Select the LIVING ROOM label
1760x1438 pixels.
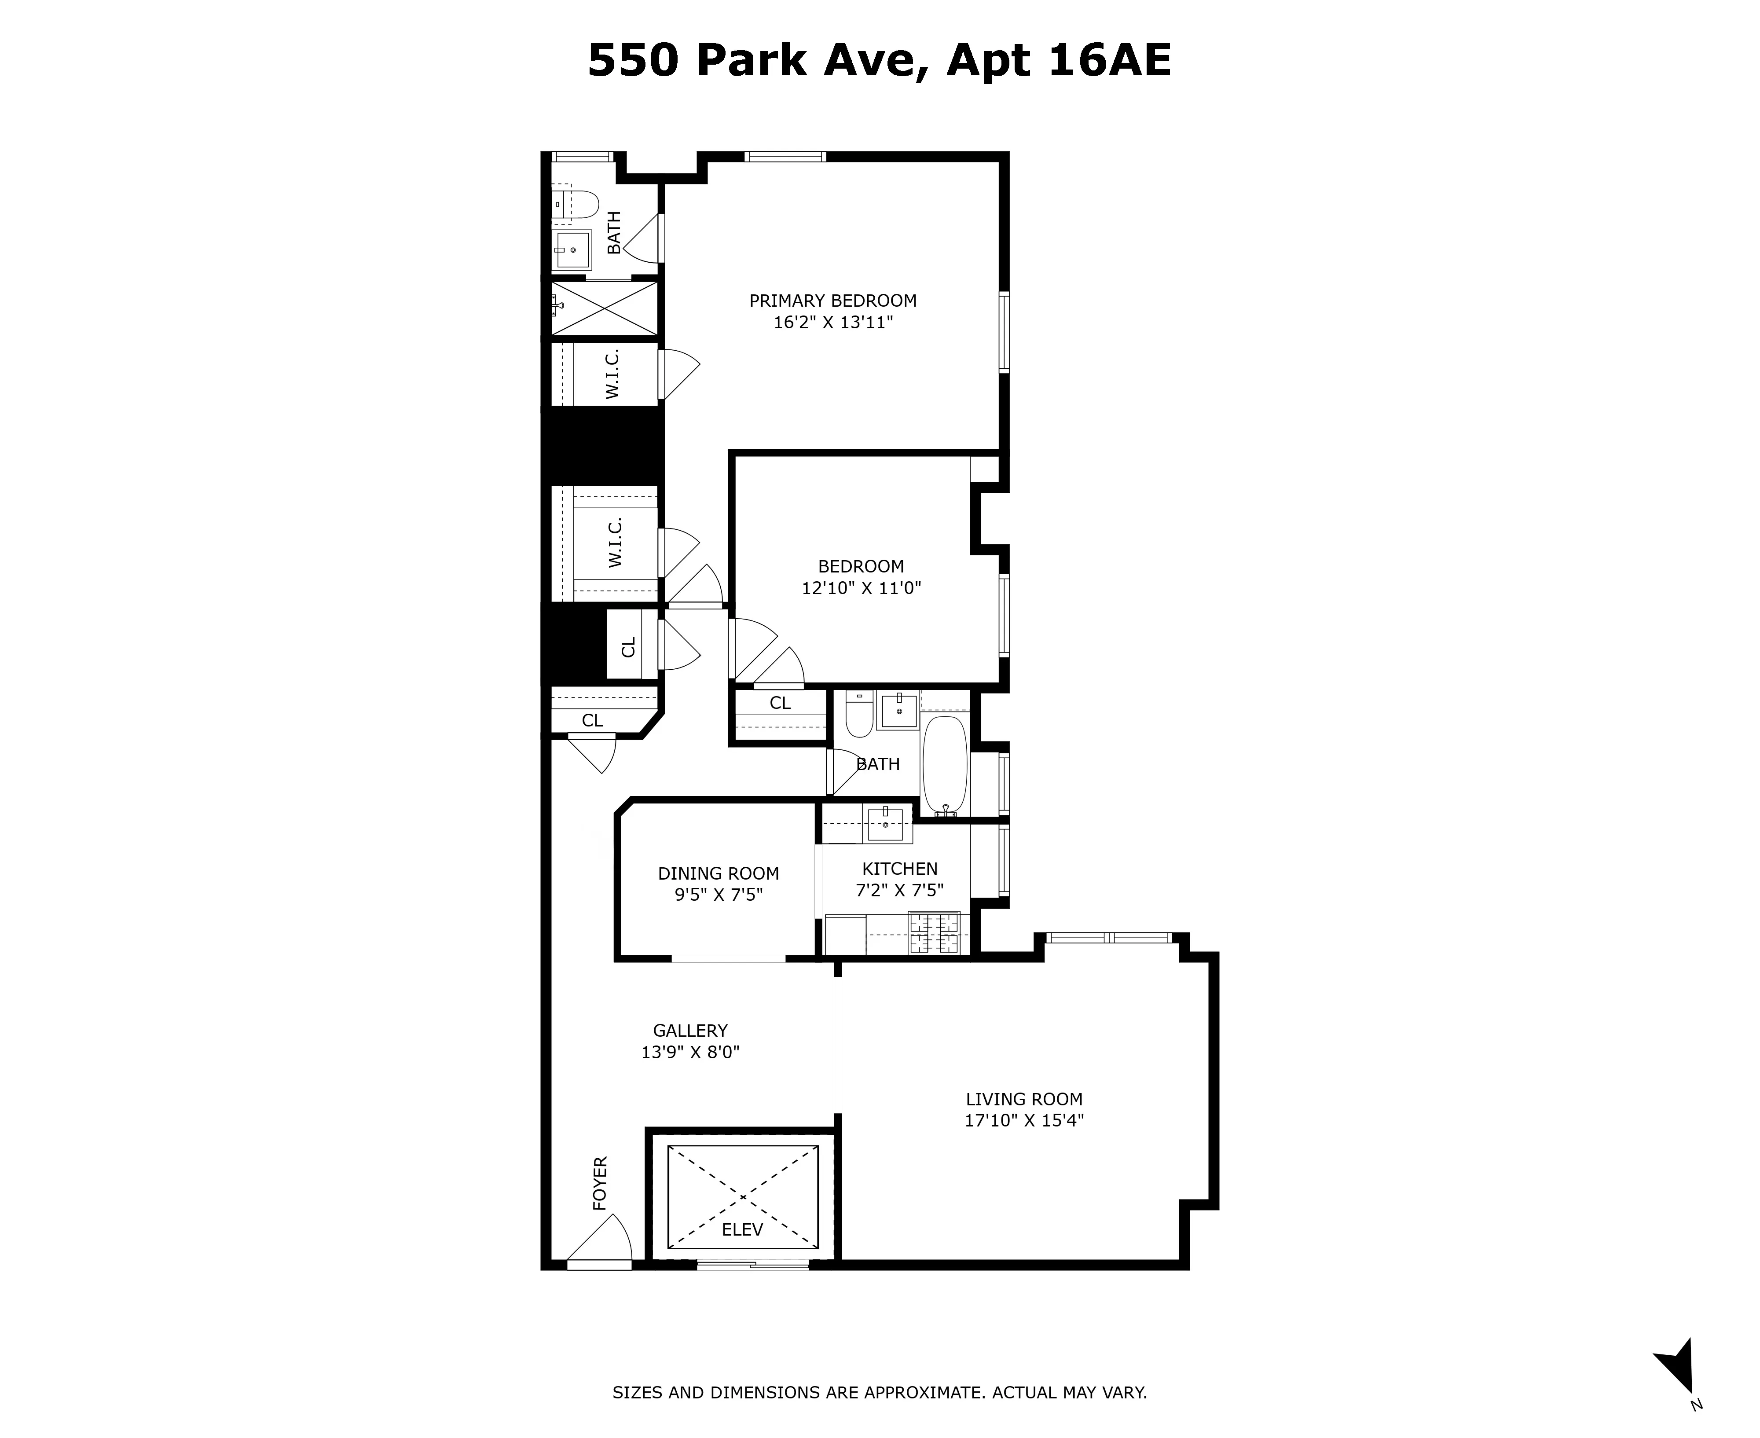pos(1024,1099)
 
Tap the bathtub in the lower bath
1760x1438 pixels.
pos(945,766)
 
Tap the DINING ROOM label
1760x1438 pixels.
pos(718,873)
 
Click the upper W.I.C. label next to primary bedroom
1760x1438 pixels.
pos(613,374)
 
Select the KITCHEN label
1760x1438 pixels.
pos(899,869)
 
